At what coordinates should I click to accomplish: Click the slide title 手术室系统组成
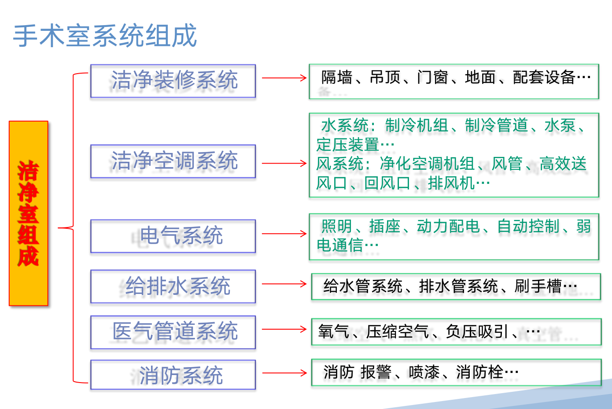(x=105, y=36)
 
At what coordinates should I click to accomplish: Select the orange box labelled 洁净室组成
(x=29, y=213)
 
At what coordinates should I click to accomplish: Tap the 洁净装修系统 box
(x=173, y=81)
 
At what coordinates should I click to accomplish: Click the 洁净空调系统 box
(x=173, y=161)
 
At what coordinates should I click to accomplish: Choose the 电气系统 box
(x=173, y=236)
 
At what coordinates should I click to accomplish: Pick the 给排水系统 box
(x=173, y=286)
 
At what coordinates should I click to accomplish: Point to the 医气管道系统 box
(x=173, y=332)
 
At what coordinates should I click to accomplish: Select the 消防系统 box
(x=173, y=375)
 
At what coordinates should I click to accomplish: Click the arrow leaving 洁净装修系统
(x=284, y=78)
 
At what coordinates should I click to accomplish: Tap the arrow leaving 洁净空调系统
(x=284, y=164)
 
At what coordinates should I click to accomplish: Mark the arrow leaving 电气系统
(x=284, y=234)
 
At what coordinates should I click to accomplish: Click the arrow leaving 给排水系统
(x=284, y=284)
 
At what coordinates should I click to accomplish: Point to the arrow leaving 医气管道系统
(x=284, y=329)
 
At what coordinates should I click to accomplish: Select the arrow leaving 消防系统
(x=284, y=373)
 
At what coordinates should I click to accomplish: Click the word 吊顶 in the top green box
(x=385, y=77)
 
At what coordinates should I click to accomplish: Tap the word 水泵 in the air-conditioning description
(x=560, y=126)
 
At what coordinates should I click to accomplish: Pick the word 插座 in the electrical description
(x=385, y=226)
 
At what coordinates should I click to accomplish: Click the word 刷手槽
(x=538, y=286)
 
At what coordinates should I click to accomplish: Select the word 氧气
(x=334, y=331)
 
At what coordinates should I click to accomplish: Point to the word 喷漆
(x=424, y=372)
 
